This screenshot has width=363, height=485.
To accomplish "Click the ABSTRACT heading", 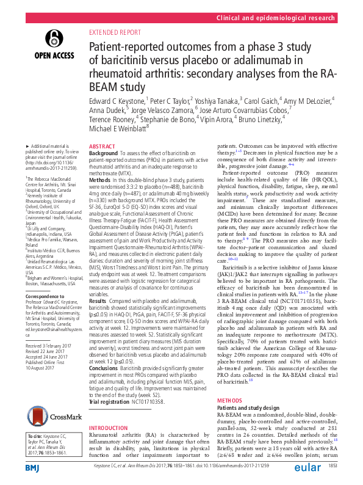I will [102, 147].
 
